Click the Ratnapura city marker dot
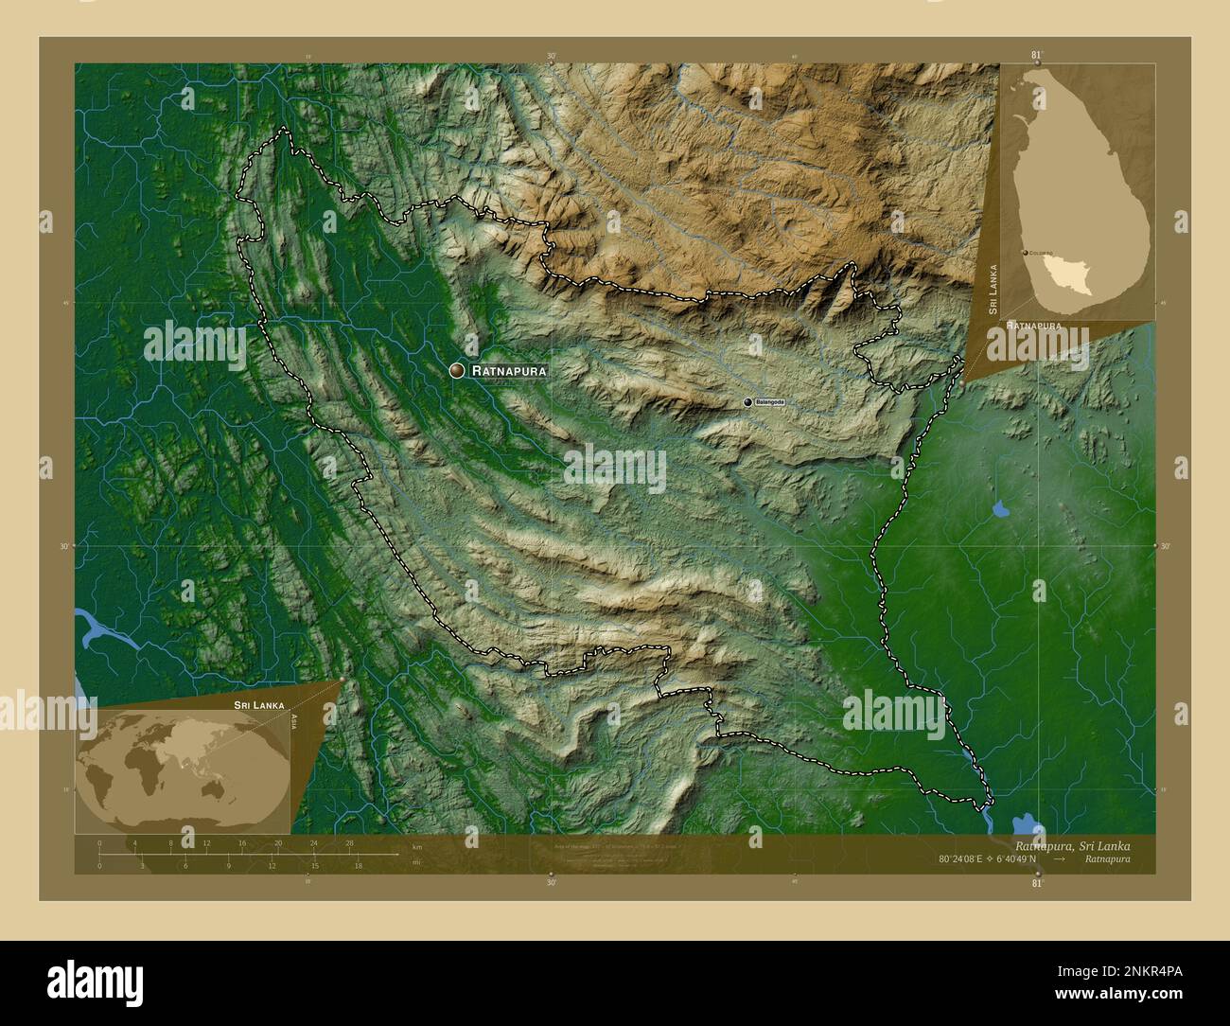pyautogui.click(x=458, y=371)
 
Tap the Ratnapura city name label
pyautogui.click(x=509, y=372)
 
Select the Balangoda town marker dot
pyautogui.click(x=748, y=402)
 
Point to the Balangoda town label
pyautogui.click(x=770, y=402)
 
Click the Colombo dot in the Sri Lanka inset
pyautogui.click(x=1026, y=254)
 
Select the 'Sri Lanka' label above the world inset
pyautogui.click(x=259, y=706)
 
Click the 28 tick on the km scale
pyautogui.click(x=350, y=842)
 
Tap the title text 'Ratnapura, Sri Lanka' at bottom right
pyautogui.click(x=1072, y=845)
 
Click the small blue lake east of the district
pyautogui.click(x=999, y=511)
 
